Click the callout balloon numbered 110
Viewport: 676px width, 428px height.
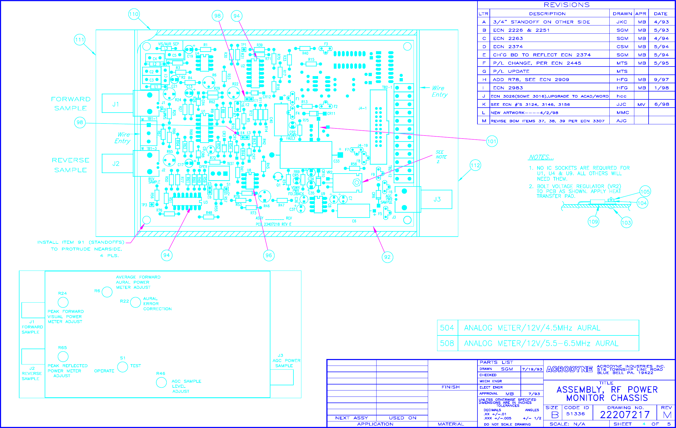(x=134, y=14)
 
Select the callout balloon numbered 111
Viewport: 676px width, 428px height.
(x=80, y=40)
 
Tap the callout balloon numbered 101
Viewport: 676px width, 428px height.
(x=491, y=141)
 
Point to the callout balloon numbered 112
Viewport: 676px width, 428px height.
(x=475, y=165)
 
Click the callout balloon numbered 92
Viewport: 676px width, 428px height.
(x=387, y=257)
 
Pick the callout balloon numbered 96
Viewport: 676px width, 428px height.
(x=269, y=255)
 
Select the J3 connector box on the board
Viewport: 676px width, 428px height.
(x=437, y=199)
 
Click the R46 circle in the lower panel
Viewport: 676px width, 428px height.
(x=162, y=382)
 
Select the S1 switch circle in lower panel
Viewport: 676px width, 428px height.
(x=122, y=367)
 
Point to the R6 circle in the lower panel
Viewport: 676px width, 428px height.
(x=107, y=292)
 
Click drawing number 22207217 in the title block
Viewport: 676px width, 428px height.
(x=625, y=415)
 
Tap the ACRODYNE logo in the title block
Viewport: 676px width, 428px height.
(x=569, y=369)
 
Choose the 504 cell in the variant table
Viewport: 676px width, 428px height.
(x=447, y=328)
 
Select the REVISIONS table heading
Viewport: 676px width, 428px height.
(x=567, y=5)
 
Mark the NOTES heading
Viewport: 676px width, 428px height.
(x=541, y=157)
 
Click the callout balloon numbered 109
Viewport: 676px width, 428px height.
(x=593, y=222)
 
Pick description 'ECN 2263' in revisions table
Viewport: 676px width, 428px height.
(x=508, y=38)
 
